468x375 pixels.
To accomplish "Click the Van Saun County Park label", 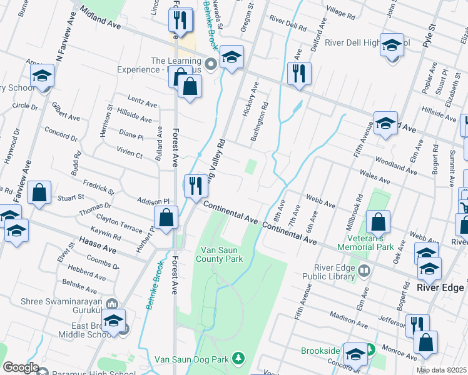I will (x=220, y=254).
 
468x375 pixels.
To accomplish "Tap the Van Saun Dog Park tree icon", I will (x=238, y=358).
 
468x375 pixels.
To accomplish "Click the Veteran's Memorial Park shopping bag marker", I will (x=379, y=222).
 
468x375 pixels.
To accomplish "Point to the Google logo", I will (x=21, y=367).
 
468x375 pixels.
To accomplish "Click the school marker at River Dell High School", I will (x=392, y=46).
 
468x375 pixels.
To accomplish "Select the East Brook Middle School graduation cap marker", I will (x=114, y=321).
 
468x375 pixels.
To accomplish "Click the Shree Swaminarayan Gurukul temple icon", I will (x=112, y=304).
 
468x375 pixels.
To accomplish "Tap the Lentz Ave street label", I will (x=142, y=102).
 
